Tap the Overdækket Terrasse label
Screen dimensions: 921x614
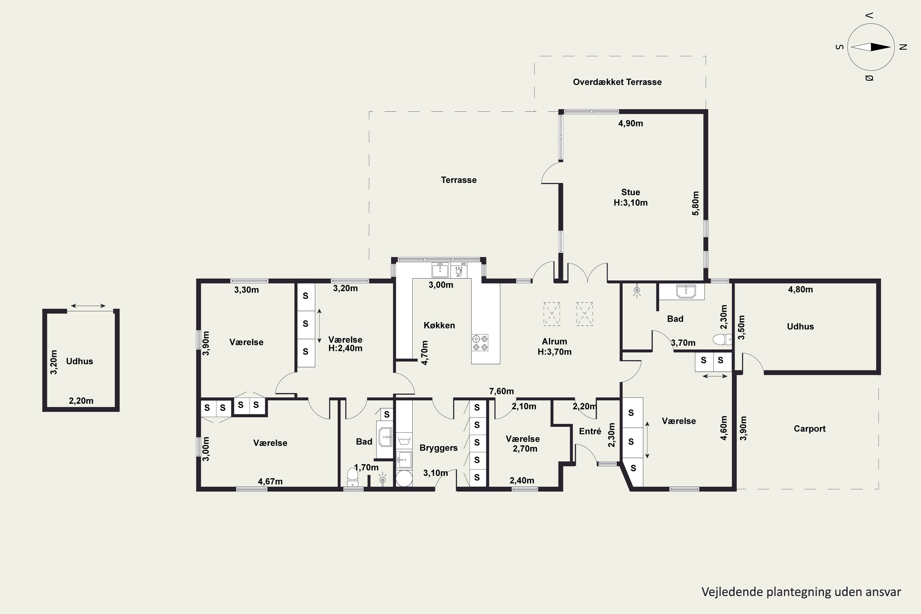tap(617, 82)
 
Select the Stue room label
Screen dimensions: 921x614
tap(631, 192)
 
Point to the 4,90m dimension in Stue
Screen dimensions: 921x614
tap(631, 123)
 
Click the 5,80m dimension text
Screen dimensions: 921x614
tap(695, 203)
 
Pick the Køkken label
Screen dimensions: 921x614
tap(439, 325)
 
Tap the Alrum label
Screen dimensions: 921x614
tap(554, 341)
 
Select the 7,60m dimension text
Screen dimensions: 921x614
tap(501, 391)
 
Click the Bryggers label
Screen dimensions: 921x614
tap(439, 448)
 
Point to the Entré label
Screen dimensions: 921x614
tap(590, 431)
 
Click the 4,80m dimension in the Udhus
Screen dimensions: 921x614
tap(800, 290)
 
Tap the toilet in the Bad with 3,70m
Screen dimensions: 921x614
tap(722, 340)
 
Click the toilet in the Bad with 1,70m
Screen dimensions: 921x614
tap(352, 477)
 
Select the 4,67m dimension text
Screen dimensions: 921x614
tap(270, 481)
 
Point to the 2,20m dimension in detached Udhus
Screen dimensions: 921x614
tap(81, 401)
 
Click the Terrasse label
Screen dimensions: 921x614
tap(459, 180)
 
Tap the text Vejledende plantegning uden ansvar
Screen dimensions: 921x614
tap(801, 592)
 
